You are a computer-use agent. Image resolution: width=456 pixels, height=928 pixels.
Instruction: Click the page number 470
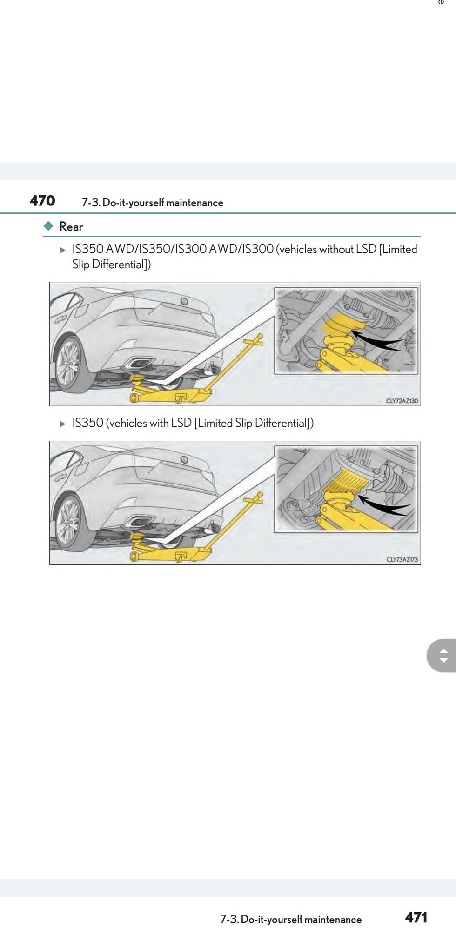coord(42,201)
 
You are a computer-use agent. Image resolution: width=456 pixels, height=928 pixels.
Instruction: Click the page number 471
coord(416,917)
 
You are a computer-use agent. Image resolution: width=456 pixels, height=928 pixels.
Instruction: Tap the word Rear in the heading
coord(71,227)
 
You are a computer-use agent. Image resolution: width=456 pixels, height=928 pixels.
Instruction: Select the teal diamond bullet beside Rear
coord(48,226)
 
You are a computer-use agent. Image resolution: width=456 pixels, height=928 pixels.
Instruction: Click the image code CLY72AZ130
coord(402,401)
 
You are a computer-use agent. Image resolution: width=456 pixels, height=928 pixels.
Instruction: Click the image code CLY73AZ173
coord(402,559)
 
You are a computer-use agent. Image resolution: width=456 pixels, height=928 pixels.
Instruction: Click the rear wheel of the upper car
coord(68,365)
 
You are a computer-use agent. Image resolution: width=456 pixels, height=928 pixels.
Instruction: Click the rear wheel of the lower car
coord(68,523)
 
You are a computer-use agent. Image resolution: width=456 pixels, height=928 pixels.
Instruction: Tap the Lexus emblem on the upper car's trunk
coord(184,302)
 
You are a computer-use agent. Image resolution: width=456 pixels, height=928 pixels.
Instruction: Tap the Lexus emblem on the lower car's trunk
coord(184,460)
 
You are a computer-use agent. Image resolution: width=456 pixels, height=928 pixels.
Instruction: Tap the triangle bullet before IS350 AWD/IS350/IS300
coord(63,250)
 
